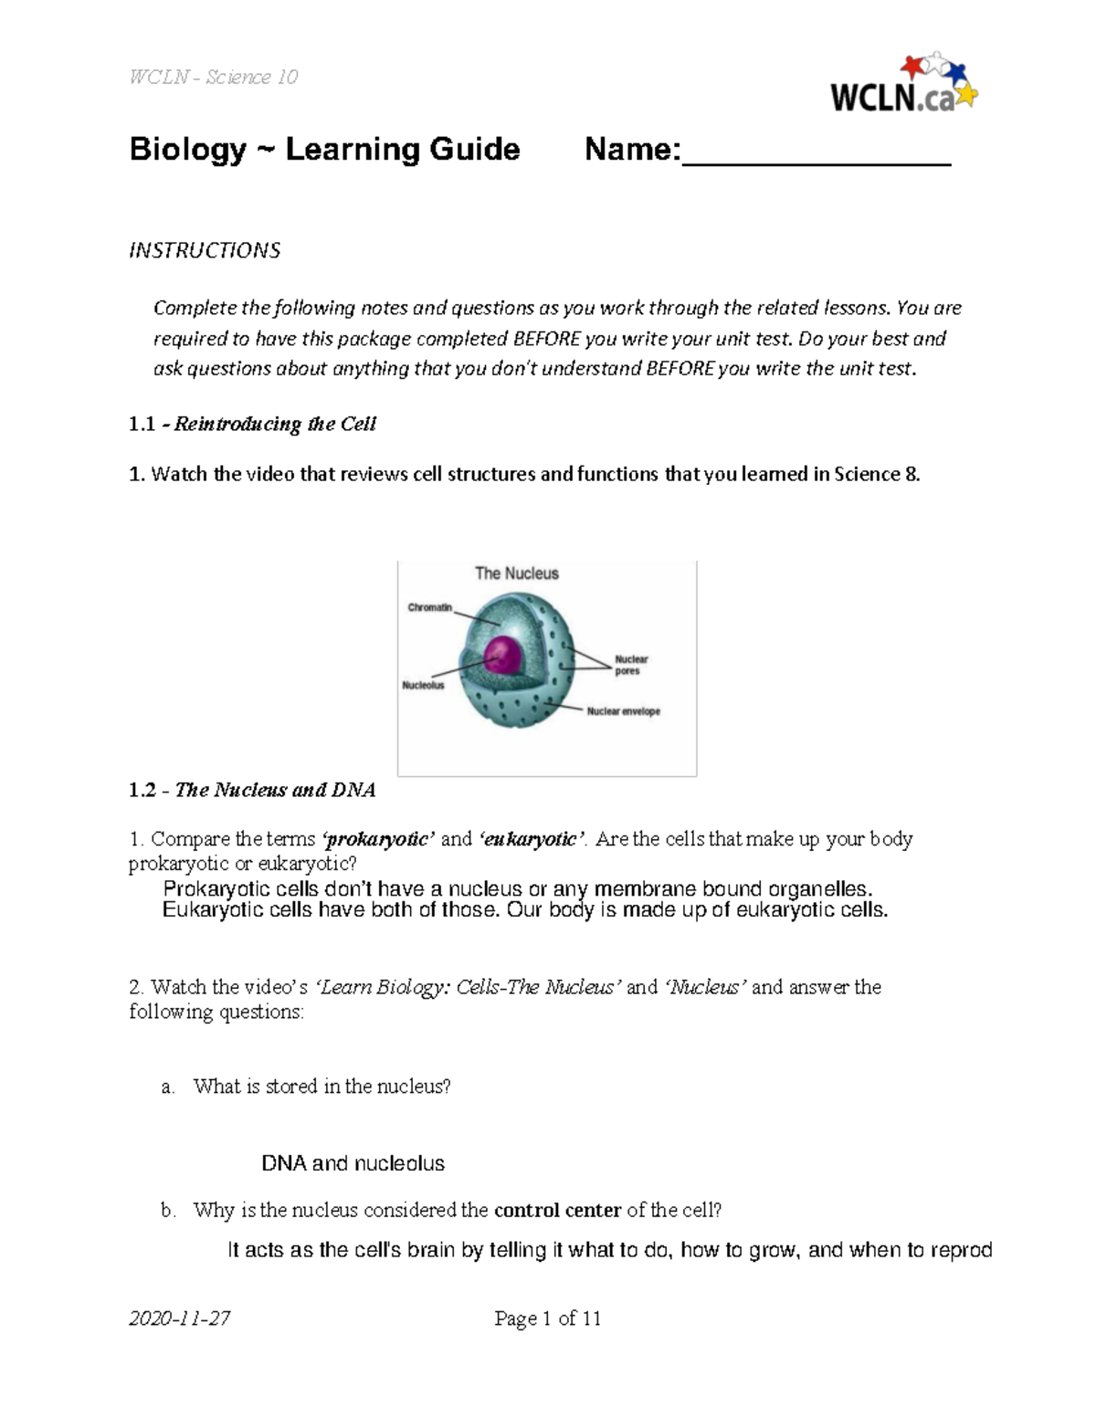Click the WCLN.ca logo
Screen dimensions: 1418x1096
point(902,86)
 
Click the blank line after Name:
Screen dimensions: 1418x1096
point(817,155)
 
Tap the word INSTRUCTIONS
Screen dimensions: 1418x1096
point(205,250)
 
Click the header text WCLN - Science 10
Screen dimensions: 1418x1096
point(214,77)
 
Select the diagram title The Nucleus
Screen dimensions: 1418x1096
point(516,573)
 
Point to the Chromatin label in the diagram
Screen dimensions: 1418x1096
point(429,607)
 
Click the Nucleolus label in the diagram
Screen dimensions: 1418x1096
point(423,685)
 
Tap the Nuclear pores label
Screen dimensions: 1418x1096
point(631,665)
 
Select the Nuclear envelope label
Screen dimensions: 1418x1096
point(623,711)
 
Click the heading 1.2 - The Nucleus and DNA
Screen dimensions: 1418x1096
point(252,790)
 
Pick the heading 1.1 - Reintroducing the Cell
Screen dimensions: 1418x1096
point(252,424)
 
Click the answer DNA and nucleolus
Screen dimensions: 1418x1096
point(353,1163)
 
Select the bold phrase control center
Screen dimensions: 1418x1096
point(557,1211)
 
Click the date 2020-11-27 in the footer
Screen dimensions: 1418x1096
point(179,1318)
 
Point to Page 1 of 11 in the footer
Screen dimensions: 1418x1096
point(547,1318)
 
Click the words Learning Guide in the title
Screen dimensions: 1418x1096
point(403,149)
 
